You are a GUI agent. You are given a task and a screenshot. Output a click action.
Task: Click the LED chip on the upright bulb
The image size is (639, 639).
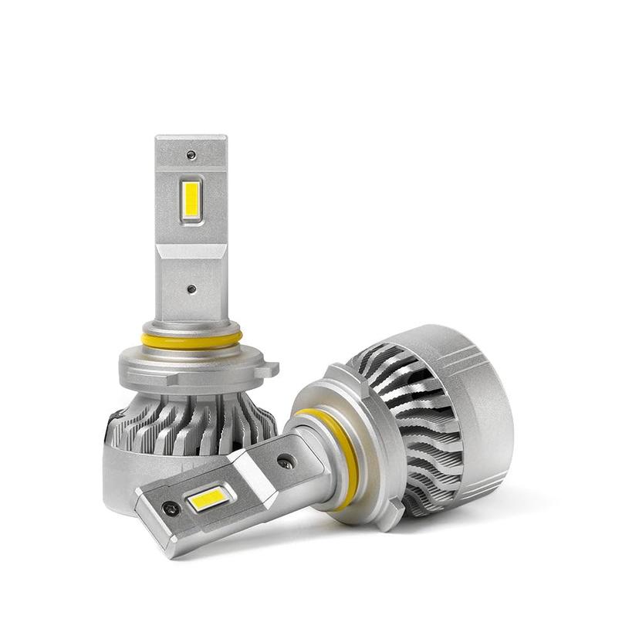[x=191, y=199]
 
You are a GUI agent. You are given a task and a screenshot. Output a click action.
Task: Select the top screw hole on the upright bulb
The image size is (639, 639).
[x=191, y=155]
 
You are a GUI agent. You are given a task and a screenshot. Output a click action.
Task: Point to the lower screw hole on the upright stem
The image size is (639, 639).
[x=191, y=289]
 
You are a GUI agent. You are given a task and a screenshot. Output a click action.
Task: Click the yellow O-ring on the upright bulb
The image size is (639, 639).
[x=191, y=340]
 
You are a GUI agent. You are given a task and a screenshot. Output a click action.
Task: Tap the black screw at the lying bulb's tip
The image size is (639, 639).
[x=171, y=509]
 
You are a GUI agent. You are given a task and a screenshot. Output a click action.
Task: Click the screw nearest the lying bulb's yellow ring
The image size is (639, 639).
[x=285, y=461]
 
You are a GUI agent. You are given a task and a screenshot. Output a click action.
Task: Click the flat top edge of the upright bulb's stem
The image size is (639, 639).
[x=191, y=138]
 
